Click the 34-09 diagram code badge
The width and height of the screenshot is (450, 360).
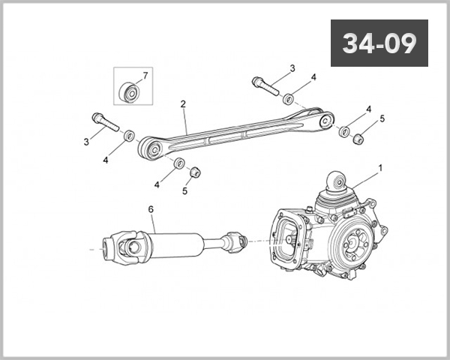click(379, 43)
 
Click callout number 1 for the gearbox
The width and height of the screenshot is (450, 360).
click(381, 168)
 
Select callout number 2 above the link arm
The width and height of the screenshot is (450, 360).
click(183, 104)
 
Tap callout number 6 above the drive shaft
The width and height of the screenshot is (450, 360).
click(151, 209)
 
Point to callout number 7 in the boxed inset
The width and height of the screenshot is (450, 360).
click(145, 76)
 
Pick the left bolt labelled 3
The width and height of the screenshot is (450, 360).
click(106, 122)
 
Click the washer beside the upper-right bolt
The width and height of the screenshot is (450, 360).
click(288, 99)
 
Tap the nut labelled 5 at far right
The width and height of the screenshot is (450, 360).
click(358, 139)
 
